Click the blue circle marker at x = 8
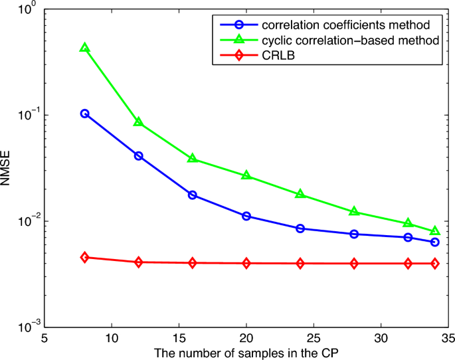85,114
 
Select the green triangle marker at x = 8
85,48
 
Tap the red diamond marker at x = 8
85,257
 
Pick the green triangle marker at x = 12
139,122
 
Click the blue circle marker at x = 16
193,195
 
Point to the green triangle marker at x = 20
246,176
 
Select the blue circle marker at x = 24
300,228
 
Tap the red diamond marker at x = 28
354,264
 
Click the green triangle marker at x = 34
435,231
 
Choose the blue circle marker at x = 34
435,242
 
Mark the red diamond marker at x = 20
246,263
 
